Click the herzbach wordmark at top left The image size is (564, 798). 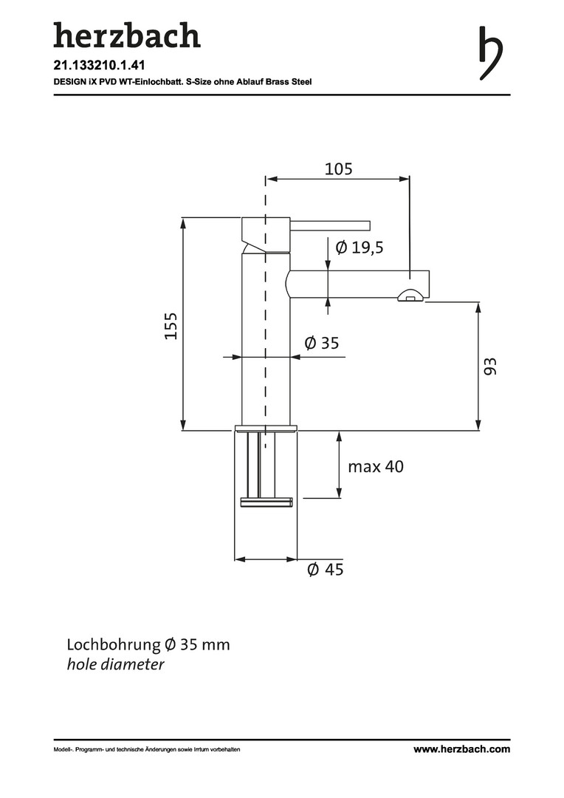(x=127, y=35)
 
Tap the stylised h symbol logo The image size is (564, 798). (x=491, y=53)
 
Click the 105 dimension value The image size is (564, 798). (x=338, y=169)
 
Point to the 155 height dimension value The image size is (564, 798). (x=171, y=327)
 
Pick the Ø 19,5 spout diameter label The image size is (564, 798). (x=360, y=248)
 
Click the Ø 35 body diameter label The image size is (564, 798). (x=321, y=343)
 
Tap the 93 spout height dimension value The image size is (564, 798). (x=489, y=366)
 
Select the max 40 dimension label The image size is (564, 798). (x=376, y=466)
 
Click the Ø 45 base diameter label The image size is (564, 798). (x=326, y=569)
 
